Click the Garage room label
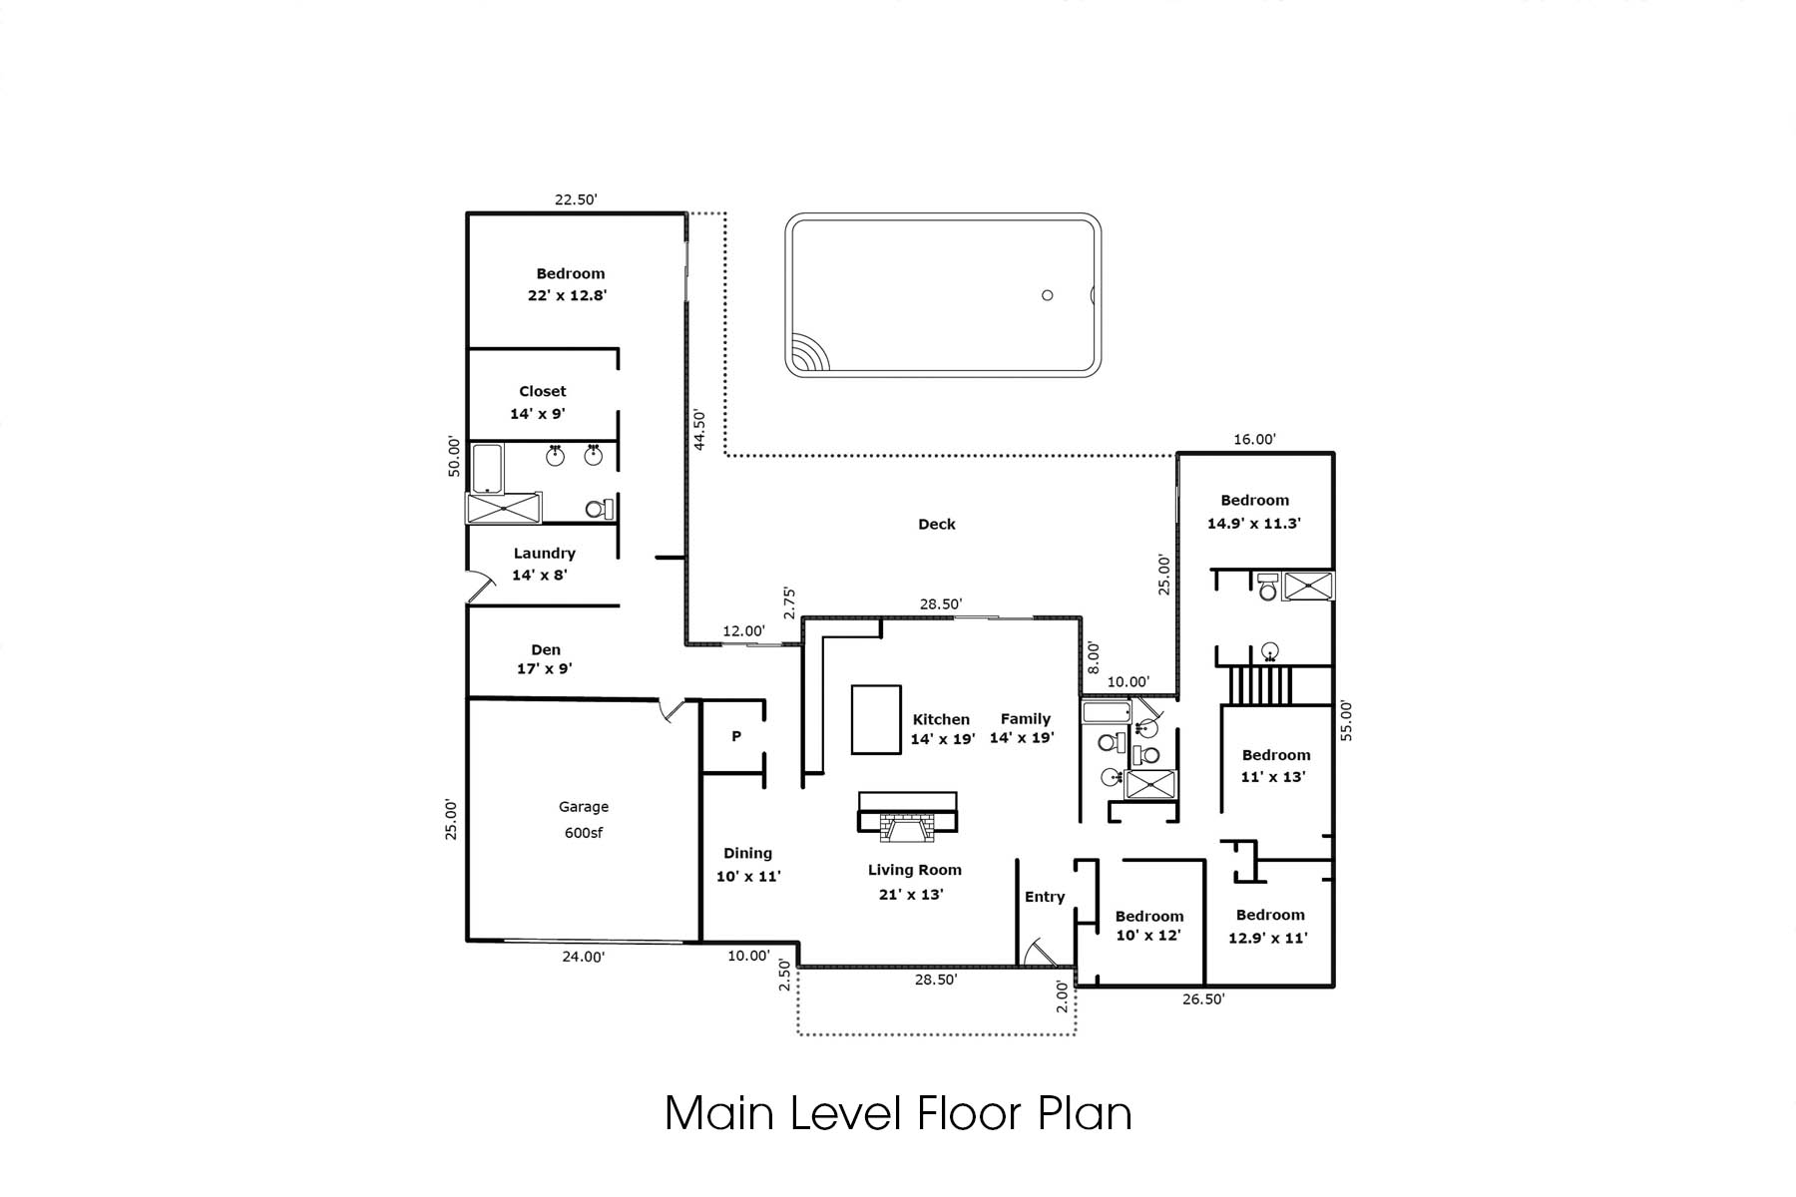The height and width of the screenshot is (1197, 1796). (x=584, y=807)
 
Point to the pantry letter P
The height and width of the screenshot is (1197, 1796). (x=736, y=736)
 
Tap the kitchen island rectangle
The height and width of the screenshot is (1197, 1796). (x=876, y=719)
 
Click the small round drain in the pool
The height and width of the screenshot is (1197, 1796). (x=1047, y=295)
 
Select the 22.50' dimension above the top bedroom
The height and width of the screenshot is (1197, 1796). (x=576, y=199)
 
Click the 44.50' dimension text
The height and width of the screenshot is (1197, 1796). (x=699, y=430)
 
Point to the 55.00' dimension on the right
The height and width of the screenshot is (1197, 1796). (x=1346, y=720)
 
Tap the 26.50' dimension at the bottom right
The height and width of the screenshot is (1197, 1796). (x=1203, y=999)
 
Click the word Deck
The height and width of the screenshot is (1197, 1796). (x=937, y=524)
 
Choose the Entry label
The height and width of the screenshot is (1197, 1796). (x=1045, y=897)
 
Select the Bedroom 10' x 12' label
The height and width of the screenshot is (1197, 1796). (x=1149, y=926)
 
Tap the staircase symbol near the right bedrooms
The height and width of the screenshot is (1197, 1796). (x=1260, y=686)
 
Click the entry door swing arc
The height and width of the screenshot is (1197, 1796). (x=1042, y=949)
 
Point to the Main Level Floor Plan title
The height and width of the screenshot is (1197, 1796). (x=898, y=1113)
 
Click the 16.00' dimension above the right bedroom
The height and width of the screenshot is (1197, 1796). (x=1254, y=439)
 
